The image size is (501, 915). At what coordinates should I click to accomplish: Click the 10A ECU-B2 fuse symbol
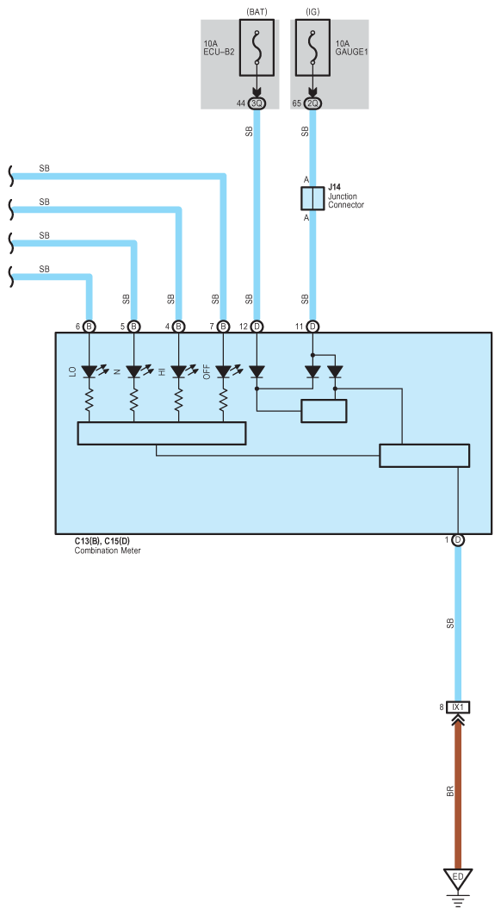tap(257, 48)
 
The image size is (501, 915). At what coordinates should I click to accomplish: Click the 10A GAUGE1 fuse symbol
tap(312, 48)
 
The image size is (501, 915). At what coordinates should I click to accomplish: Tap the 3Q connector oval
tap(257, 103)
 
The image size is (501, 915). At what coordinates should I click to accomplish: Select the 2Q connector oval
tap(312, 103)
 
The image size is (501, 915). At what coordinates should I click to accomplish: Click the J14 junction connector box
tap(312, 198)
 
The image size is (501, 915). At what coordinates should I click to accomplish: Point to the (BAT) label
tap(257, 12)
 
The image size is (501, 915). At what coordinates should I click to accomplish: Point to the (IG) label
tap(312, 12)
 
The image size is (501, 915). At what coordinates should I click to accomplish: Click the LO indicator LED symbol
tap(90, 371)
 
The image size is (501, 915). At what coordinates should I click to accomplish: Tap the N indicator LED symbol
tap(134, 371)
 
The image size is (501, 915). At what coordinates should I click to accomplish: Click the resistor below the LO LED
tap(90, 400)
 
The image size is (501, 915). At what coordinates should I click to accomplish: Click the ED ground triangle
tap(458, 879)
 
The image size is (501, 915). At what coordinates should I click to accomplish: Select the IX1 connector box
tap(458, 707)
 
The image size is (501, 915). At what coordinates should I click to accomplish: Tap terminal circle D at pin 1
tap(458, 540)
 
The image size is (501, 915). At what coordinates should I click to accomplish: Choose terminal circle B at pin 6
tap(90, 327)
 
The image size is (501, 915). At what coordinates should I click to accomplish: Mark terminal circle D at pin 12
tap(257, 327)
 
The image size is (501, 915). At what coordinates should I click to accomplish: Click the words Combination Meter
tap(108, 551)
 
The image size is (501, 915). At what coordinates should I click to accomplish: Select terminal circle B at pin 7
tap(223, 327)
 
